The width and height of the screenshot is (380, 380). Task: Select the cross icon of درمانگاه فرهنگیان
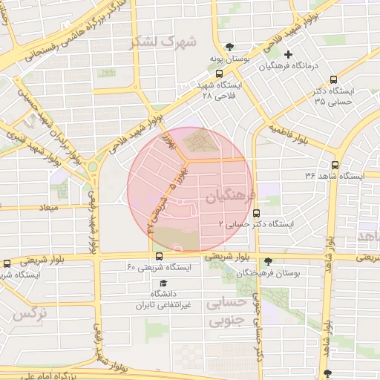(x=289, y=54)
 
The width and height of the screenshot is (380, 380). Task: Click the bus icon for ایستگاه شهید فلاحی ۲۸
(x=219, y=73)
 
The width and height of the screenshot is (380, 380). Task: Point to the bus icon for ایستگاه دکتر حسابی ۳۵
(x=333, y=79)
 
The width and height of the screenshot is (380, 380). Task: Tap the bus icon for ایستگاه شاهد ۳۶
(x=335, y=165)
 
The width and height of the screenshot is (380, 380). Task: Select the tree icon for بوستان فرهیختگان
(x=268, y=261)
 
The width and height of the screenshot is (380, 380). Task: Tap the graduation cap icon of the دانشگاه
(x=163, y=284)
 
